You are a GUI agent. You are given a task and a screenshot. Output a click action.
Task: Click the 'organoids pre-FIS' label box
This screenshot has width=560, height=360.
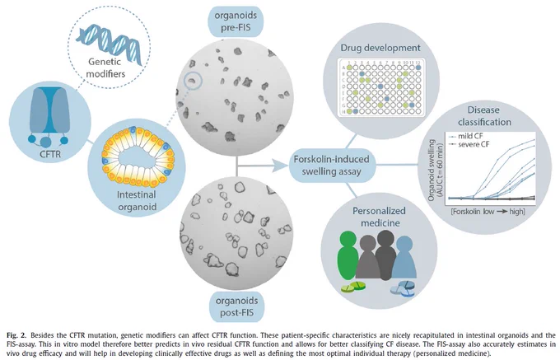(x=236, y=21)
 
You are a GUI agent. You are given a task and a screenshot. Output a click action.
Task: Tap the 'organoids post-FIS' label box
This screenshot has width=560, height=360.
(x=236, y=306)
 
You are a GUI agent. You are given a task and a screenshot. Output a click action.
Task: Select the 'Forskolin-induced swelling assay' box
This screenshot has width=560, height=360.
(x=331, y=165)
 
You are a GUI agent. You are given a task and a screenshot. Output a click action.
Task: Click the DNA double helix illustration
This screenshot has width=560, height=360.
(x=110, y=42)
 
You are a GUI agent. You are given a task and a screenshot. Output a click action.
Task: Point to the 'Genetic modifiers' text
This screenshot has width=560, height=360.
(x=106, y=68)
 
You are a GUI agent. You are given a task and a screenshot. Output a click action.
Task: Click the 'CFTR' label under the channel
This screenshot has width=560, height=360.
(x=50, y=154)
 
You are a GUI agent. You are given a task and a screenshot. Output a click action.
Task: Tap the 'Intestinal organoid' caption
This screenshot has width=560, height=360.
(x=137, y=201)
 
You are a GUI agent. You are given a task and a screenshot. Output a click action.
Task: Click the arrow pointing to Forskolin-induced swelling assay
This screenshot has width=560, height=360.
(x=262, y=166)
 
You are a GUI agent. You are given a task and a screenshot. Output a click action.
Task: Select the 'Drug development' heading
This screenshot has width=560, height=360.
(x=380, y=48)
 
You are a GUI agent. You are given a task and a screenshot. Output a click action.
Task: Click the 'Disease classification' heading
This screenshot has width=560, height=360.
(x=484, y=115)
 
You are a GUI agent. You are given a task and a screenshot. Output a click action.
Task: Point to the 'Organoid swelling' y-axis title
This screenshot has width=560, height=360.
(x=431, y=170)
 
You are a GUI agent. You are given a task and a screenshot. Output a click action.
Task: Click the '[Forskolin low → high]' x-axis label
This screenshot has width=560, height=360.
(x=488, y=212)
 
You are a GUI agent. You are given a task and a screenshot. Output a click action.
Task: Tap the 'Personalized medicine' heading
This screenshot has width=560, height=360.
(x=380, y=217)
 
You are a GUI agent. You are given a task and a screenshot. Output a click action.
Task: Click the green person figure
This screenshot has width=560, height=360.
(x=348, y=255)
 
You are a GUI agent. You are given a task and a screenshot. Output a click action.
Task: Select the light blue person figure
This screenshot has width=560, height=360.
(x=404, y=257)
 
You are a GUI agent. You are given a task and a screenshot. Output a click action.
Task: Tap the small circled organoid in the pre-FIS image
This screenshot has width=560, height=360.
(x=193, y=82)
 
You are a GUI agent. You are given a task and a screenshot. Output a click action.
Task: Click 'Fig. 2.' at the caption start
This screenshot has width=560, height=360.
(x=16, y=335)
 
